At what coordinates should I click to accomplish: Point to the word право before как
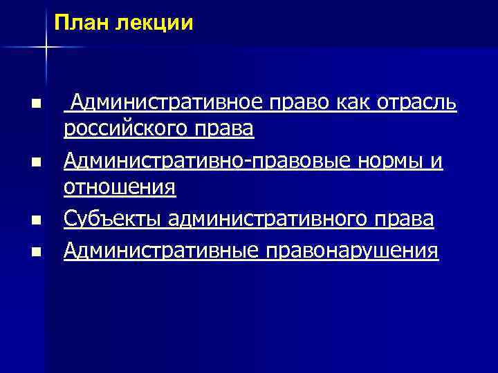click(x=301, y=104)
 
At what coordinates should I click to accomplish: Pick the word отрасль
click(x=418, y=104)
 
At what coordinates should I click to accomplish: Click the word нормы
click(x=387, y=161)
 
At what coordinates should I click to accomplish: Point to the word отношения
click(x=120, y=186)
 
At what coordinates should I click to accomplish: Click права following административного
click(x=405, y=220)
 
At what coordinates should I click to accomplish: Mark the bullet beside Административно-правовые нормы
click(x=35, y=162)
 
